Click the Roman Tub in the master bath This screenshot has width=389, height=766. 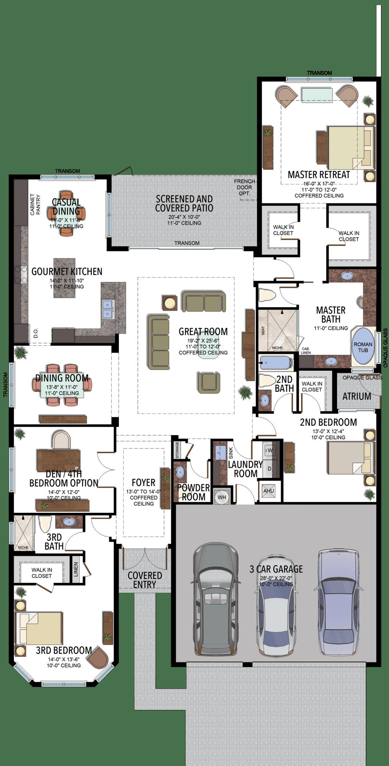363,347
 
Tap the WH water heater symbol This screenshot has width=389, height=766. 222,497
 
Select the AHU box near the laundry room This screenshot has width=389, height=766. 269,491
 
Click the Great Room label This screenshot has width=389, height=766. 203,332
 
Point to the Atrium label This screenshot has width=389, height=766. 356,396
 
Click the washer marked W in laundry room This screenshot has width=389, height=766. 270,450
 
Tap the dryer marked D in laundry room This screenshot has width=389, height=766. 269,468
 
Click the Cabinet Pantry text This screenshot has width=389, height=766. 35,205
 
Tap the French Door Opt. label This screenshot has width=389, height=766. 244,187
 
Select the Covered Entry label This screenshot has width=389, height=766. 145,580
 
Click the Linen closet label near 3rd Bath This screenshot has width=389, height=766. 76,569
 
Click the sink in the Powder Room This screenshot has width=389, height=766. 180,472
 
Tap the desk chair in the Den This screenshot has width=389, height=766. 61,440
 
